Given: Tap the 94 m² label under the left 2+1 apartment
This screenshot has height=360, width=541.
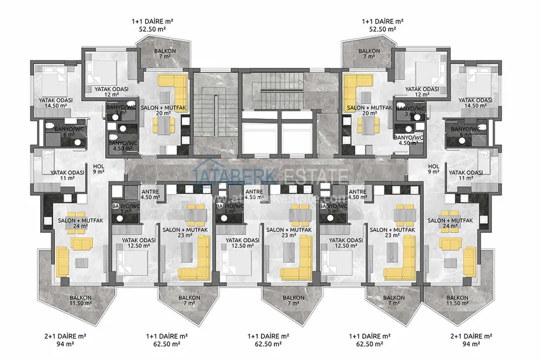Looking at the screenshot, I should click(x=57, y=343).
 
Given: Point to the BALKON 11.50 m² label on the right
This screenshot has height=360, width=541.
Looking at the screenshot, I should click(x=458, y=301).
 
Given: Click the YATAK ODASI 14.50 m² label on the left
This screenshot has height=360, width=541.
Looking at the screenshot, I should click(x=55, y=104).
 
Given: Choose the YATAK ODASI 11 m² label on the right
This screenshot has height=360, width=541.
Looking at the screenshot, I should click(x=465, y=175).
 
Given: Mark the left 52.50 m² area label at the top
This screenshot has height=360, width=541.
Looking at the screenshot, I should click(x=148, y=29).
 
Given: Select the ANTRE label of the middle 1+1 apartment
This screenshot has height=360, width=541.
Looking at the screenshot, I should click(x=254, y=194).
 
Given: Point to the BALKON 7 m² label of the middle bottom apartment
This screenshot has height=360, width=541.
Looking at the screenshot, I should click(x=293, y=301).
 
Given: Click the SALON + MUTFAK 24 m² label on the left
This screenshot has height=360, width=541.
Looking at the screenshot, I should click(x=70, y=223).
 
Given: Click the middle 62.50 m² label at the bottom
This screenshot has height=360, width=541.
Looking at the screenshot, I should click(x=268, y=343).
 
